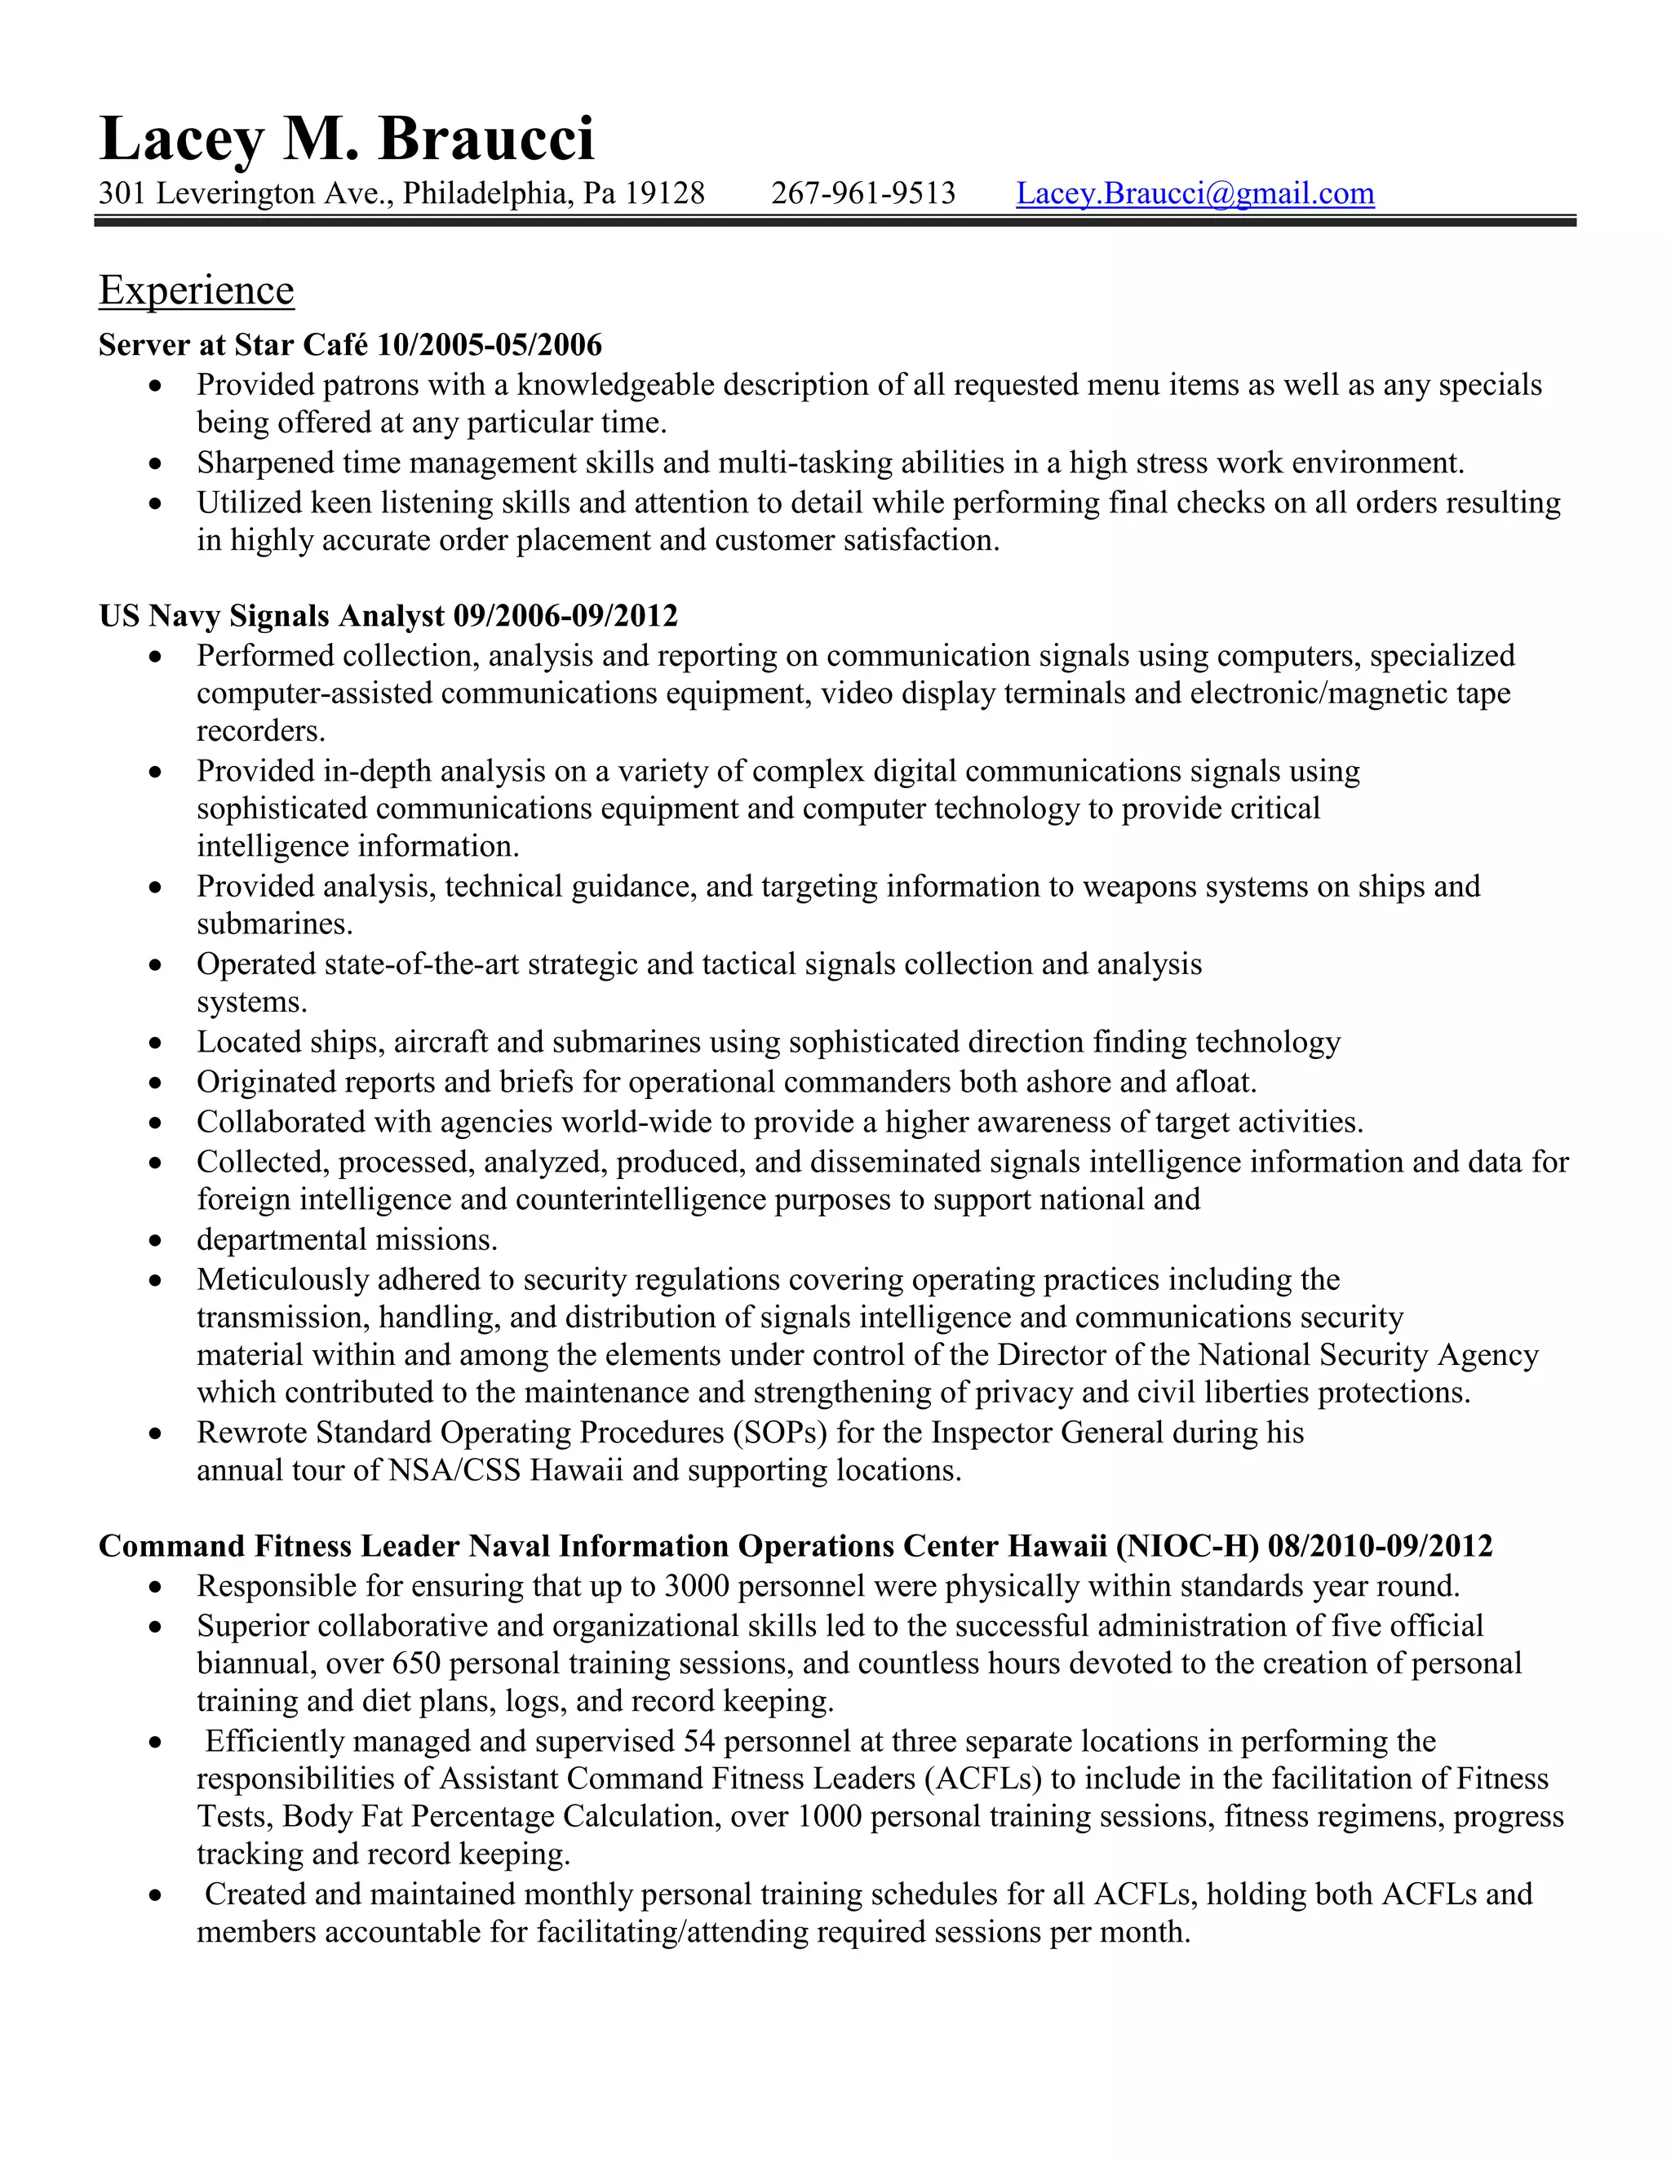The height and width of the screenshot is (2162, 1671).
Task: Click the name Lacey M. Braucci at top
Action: pyautogui.click(x=347, y=139)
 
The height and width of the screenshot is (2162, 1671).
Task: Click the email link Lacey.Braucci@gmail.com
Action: pyautogui.click(x=1195, y=193)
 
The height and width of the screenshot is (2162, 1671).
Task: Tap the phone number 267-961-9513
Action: pyautogui.click(x=863, y=193)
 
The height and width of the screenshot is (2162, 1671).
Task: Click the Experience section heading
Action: pyautogui.click(x=196, y=290)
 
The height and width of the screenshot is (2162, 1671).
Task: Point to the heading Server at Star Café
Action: pyautogui.click(x=233, y=344)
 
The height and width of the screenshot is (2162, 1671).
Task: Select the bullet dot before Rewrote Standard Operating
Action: pyautogui.click(x=154, y=1433)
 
